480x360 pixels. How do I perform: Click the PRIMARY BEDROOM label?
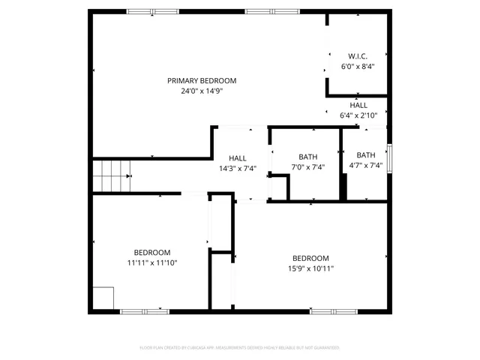click(x=202, y=81)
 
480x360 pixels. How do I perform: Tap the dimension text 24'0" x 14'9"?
click(x=202, y=91)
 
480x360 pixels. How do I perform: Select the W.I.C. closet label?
click(x=357, y=56)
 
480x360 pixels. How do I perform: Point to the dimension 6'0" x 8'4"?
click(x=357, y=66)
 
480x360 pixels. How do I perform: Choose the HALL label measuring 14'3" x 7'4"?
click(x=238, y=157)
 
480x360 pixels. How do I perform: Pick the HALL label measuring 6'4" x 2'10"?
click(x=358, y=106)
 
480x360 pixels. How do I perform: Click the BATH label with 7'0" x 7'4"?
click(x=307, y=157)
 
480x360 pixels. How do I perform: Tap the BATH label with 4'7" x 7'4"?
click(x=366, y=156)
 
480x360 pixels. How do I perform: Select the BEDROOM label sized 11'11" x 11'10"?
click(x=152, y=253)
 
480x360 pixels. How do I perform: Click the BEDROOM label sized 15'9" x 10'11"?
click(x=310, y=258)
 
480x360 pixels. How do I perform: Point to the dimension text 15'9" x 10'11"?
click(x=310, y=268)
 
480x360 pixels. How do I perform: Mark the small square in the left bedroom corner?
click(x=103, y=298)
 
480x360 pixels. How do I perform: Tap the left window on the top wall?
click(x=147, y=11)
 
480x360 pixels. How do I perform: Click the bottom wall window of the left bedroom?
click(x=145, y=310)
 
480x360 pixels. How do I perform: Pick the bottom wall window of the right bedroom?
click(x=334, y=310)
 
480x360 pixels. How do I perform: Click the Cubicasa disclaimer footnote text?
click(x=240, y=348)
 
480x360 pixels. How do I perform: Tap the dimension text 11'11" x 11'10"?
click(x=152, y=262)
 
